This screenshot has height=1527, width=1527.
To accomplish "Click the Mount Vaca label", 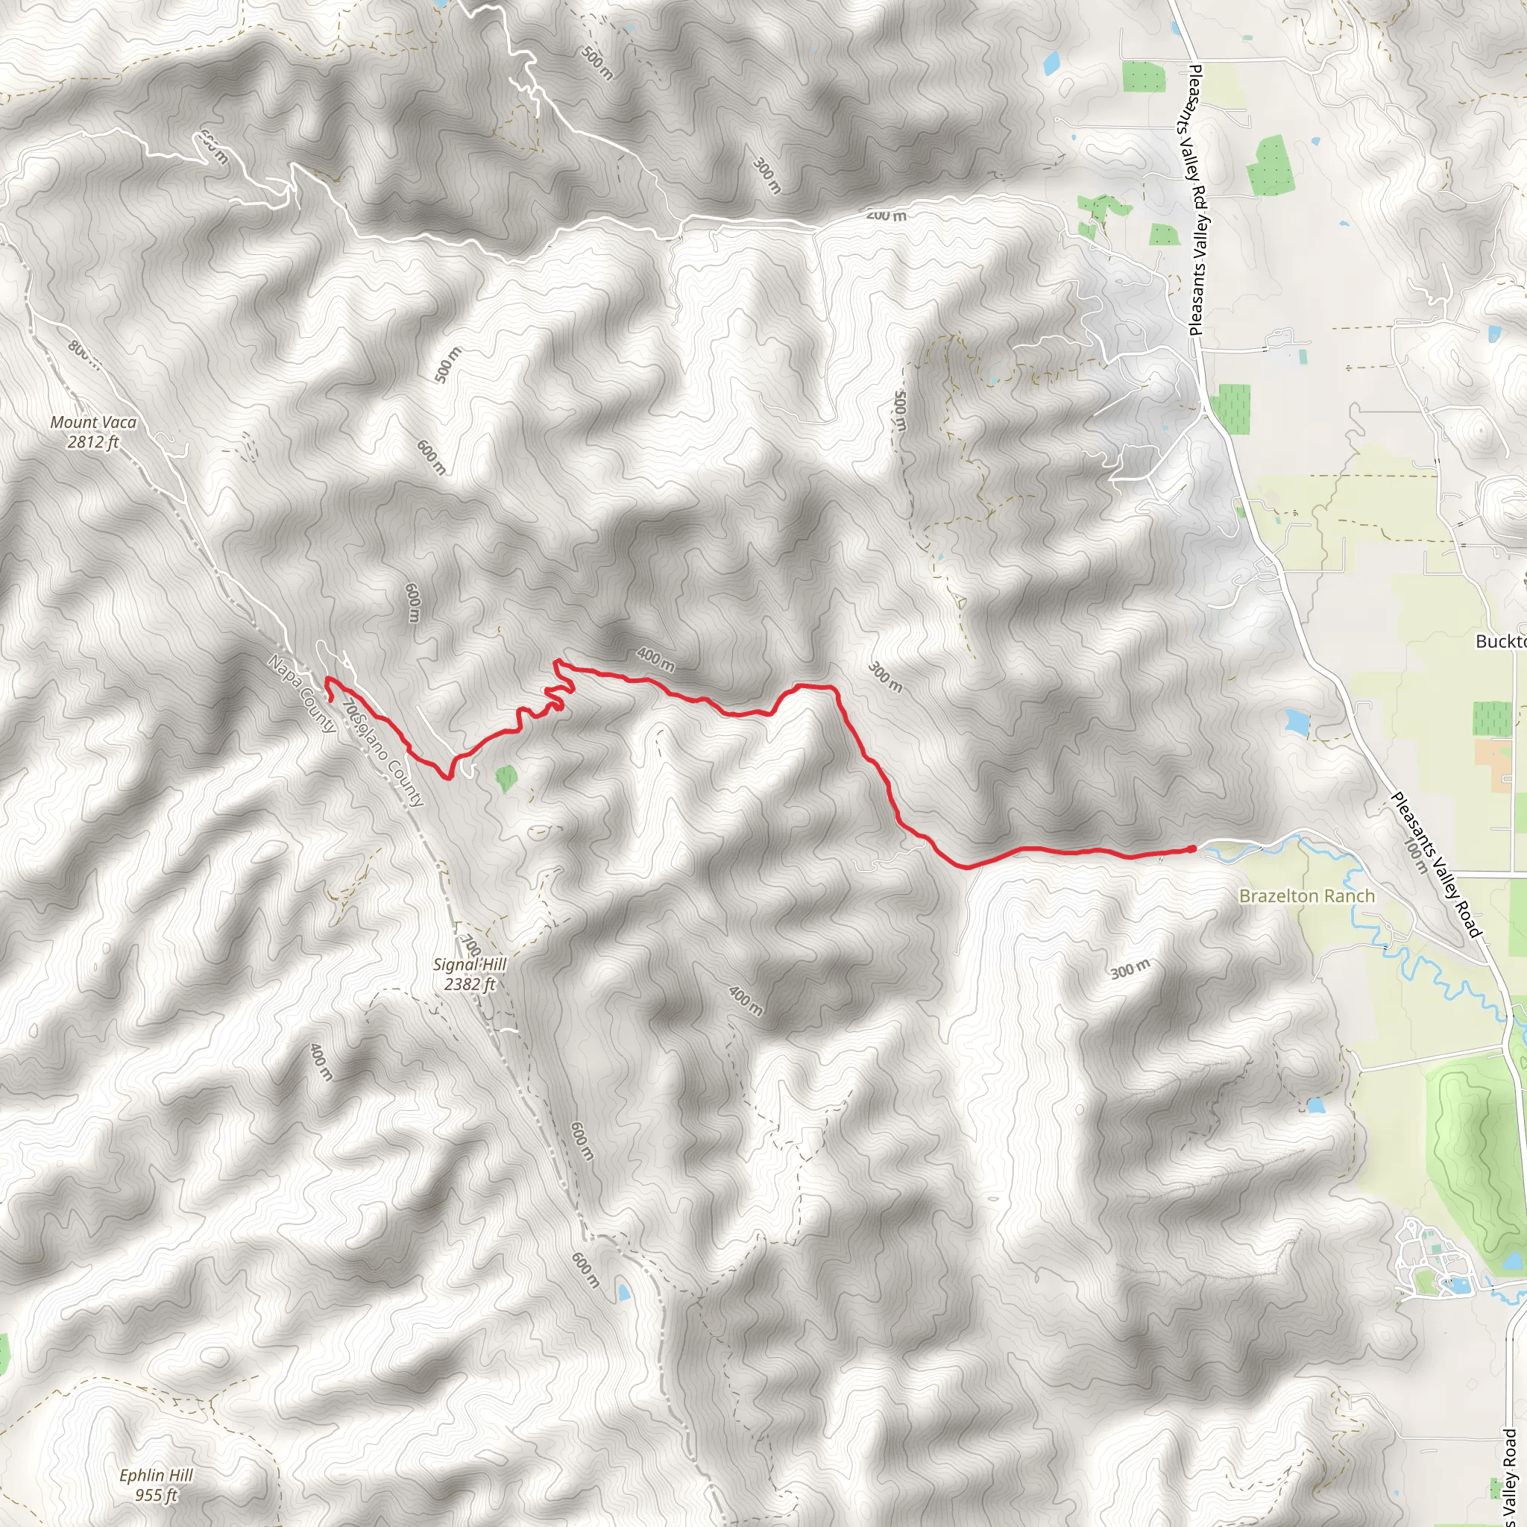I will [93, 423].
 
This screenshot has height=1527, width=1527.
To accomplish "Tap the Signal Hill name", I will [470, 964].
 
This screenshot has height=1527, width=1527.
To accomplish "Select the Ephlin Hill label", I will [156, 1475].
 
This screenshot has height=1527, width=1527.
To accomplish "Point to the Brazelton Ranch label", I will [1306, 896].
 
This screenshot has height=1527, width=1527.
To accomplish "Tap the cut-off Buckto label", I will [1501, 641].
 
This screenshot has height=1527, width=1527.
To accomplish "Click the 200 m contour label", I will [886, 215].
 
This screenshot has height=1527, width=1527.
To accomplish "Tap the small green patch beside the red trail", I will [506, 778].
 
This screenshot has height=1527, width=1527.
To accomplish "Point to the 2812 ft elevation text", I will [92, 443].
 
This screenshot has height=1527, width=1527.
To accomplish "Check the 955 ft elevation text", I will [156, 1496].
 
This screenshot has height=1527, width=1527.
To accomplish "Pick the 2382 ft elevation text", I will [470, 985].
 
